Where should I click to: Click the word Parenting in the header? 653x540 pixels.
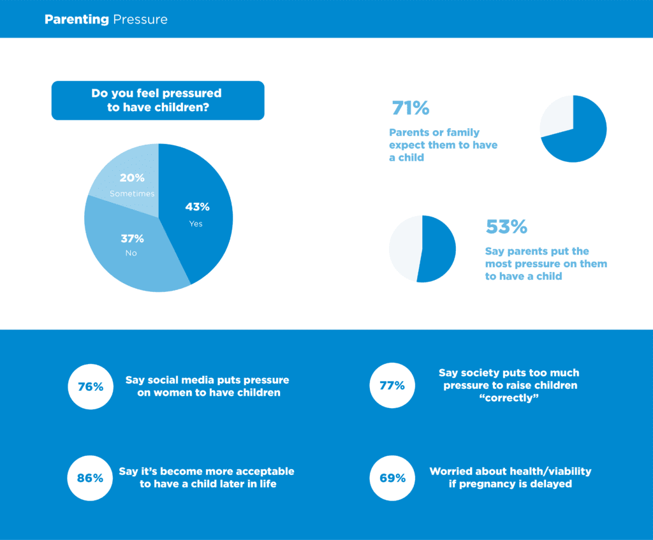(x=77, y=20)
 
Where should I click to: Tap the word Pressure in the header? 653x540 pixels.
(x=140, y=20)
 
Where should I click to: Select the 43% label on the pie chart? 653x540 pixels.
(x=197, y=207)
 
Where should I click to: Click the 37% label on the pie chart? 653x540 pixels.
(x=132, y=238)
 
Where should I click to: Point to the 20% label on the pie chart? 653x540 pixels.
(x=132, y=178)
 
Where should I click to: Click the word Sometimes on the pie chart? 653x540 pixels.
(x=132, y=193)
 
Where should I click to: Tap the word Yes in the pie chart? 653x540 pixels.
(x=196, y=224)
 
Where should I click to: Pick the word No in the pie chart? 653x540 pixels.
(x=131, y=253)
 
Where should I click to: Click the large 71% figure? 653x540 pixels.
(x=410, y=108)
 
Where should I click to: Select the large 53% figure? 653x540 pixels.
(x=506, y=227)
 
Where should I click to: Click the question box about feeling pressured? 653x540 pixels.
(x=158, y=101)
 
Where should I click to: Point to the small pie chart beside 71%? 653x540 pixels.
(x=573, y=129)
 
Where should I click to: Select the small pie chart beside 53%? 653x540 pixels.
(x=422, y=249)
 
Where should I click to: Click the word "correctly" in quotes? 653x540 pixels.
(x=510, y=398)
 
